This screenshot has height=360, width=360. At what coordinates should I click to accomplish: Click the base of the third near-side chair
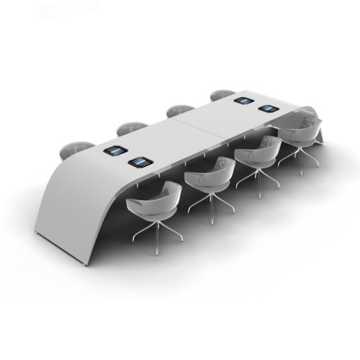pyautogui.click(x=258, y=177)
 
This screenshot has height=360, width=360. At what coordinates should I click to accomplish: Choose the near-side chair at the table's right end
pyautogui.click(x=299, y=132)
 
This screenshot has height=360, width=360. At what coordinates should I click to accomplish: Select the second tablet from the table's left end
pyautogui.click(x=139, y=163)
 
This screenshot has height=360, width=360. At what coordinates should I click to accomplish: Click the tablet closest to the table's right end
pyautogui.click(x=269, y=109)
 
